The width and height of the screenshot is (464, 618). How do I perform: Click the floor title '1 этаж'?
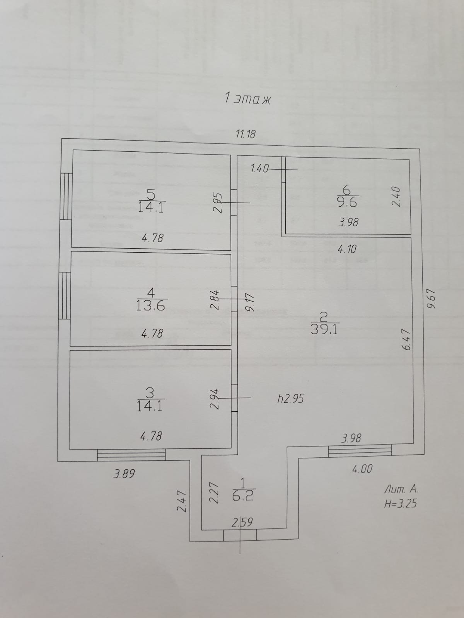click(248, 99)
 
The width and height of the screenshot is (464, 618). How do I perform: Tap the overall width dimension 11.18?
click(246, 134)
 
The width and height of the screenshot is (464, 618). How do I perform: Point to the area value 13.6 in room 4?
click(150, 306)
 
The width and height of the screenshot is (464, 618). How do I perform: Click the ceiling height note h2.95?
click(291, 399)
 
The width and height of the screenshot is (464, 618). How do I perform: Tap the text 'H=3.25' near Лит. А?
click(401, 504)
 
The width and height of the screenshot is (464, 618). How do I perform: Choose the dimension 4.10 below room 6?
click(347, 250)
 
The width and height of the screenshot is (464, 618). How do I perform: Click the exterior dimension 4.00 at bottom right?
click(362, 469)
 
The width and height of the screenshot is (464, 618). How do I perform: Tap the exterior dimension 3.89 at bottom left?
click(124, 474)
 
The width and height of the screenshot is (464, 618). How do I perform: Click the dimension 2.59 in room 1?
click(242, 523)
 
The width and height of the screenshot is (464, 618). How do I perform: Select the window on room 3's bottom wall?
click(131, 455)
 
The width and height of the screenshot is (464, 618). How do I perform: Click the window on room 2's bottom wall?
click(360, 450)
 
